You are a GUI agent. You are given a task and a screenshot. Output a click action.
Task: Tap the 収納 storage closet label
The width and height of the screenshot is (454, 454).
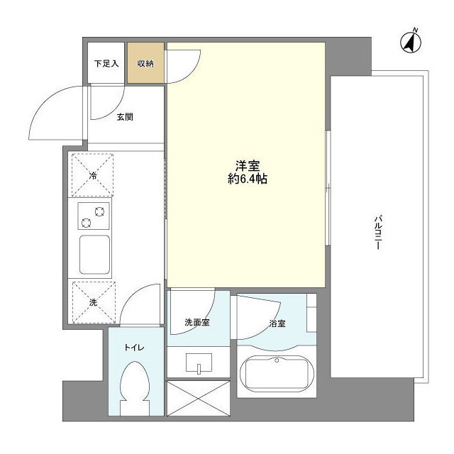point(146,63)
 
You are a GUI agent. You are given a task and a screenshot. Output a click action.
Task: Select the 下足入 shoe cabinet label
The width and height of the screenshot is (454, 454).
point(106,63)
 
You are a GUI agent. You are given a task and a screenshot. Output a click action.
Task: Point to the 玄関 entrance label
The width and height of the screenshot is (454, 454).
point(125,118)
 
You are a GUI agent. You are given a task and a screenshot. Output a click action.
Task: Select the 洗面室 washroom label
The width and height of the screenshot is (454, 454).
point(196,323)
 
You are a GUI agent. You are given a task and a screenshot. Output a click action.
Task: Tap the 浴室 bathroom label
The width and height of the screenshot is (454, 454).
point(277,324)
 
